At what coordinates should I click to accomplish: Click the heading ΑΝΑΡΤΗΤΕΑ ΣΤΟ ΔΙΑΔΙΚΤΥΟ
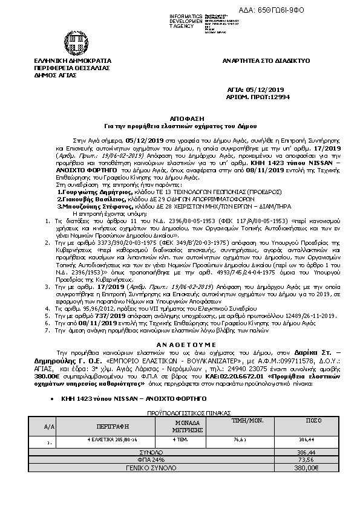click(266, 61)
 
